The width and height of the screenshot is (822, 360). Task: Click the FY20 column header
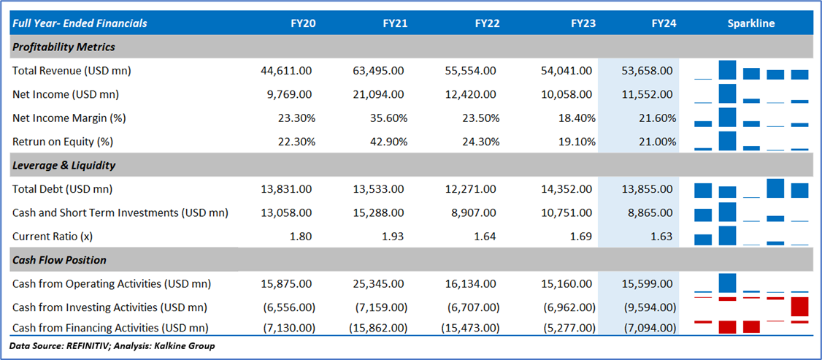point(303,23)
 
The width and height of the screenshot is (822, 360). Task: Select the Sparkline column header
point(750,23)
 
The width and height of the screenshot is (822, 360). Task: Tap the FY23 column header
point(583,23)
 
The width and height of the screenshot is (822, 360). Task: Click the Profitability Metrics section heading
point(64,47)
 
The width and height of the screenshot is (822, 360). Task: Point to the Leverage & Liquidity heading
point(64,165)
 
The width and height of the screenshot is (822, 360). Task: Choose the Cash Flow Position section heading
point(59,260)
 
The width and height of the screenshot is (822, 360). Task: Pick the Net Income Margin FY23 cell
point(577,118)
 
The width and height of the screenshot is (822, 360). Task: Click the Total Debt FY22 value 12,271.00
point(470,189)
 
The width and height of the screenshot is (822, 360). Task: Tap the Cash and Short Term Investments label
point(120,212)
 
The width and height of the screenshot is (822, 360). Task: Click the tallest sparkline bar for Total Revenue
point(727,70)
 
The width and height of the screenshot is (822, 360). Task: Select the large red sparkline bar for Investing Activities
point(800,306)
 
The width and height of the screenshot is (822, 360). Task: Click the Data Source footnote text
point(112,345)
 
